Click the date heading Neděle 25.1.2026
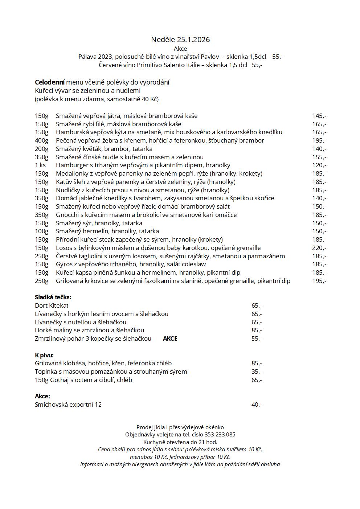coord(180,40)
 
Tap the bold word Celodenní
coord(50,82)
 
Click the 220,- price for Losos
coord(319,248)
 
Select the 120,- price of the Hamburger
coord(319,165)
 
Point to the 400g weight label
coord(41,140)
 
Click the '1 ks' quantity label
coord(40,165)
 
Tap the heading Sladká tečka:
coord(53,297)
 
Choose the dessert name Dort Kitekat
coord(52,306)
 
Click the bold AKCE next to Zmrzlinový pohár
coord(170,339)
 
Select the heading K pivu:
coord(44,355)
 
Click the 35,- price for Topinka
coord(256,372)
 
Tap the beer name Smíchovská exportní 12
coord(68,405)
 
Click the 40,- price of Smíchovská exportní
coord(256,405)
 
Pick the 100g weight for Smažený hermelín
coord(41,231)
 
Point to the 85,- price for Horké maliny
coord(256,331)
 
